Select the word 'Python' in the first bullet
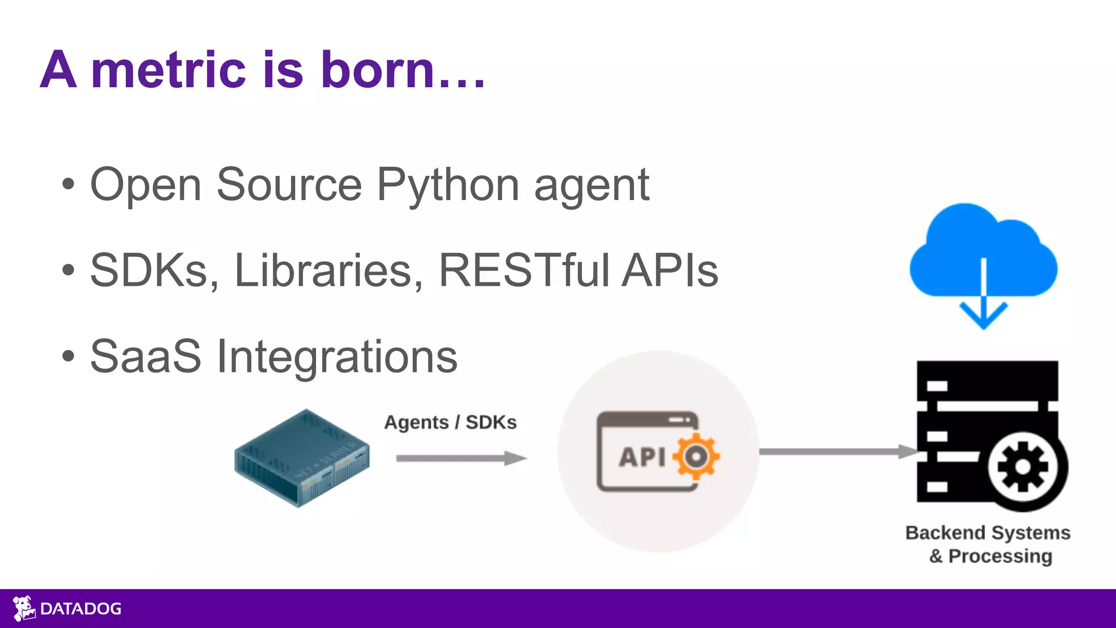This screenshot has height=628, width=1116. tap(447, 185)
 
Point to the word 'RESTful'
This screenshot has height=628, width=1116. tap(524, 270)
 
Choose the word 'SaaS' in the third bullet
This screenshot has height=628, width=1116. tap(145, 357)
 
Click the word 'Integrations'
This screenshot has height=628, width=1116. tap(337, 357)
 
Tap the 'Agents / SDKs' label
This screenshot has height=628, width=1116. tap(450, 422)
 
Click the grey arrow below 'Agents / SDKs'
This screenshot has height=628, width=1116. tap(461, 458)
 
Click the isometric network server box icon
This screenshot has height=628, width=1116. tap(302, 458)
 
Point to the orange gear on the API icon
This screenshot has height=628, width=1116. tap(696, 456)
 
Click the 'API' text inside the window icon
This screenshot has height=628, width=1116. tap(642, 457)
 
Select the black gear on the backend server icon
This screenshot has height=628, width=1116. tap(1023, 467)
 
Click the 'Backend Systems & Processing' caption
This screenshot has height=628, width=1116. tap(988, 544)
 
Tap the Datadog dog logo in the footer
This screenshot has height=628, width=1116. tap(23, 608)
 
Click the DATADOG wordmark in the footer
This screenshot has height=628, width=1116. tap(81, 609)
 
